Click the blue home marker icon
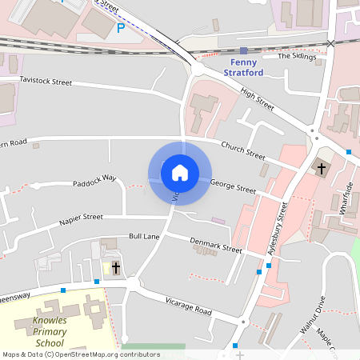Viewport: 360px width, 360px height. pyautogui.click(x=180, y=172)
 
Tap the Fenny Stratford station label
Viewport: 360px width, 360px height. pyautogui.click(x=246, y=67)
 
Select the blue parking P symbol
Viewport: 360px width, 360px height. pyautogui.click(x=121, y=28)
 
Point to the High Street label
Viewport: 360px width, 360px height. pyautogui.click(x=257, y=100)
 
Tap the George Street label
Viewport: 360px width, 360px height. pyautogui.click(x=233, y=187)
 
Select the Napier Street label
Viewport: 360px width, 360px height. pyautogui.click(x=81, y=217)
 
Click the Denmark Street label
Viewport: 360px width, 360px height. pyautogui.click(x=215, y=245)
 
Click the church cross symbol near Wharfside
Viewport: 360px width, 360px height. pyautogui.click(x=322, y=169)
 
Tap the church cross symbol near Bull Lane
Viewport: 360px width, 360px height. pyautogui.click(x=115, y=268)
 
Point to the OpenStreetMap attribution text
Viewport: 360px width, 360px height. pyautogui.click(x=81, y=354)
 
